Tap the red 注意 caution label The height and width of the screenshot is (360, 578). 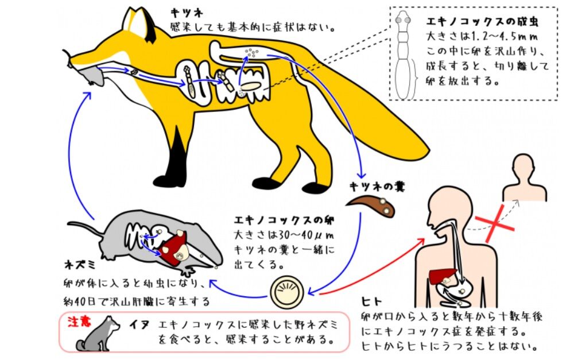coord(78,322)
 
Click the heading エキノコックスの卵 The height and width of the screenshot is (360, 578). coord(284,220)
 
